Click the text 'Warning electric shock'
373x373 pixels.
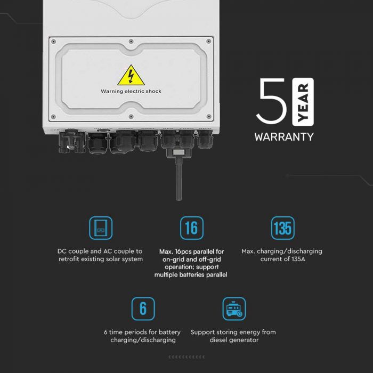point(131,91)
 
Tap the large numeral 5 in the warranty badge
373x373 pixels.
point(273,102)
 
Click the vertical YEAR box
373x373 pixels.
point(303,101)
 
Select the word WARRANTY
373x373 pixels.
point(284,136)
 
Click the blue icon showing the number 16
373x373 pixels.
point(191,228)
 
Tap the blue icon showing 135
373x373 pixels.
point(282,228)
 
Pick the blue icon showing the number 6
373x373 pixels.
point(143,309)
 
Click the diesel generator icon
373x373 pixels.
point(234,309)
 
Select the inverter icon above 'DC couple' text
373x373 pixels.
point(100,228)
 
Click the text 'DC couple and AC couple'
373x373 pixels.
point(100,251)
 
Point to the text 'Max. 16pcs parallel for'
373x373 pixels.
point(191,251)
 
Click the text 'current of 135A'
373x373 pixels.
point(282,259)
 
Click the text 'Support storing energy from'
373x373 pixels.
point(233,332)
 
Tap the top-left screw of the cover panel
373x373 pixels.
point(52,40)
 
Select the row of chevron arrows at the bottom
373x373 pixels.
point(186,356)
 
